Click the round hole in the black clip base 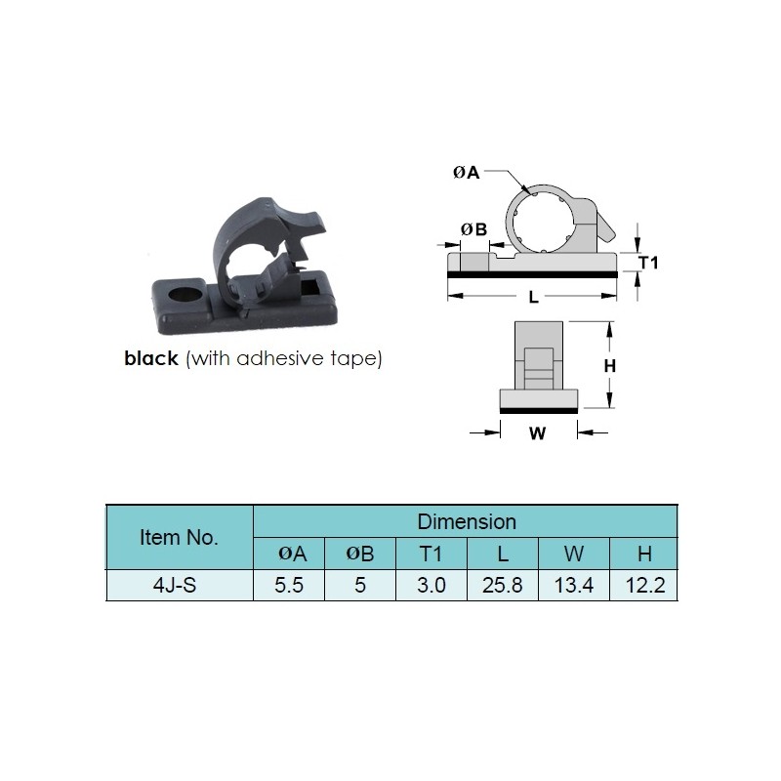185,294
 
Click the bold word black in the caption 151,358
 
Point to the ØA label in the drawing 467,173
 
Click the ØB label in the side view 473,229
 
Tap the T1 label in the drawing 648,263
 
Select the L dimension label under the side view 533,298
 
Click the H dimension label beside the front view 609,366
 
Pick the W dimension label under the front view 538,433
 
